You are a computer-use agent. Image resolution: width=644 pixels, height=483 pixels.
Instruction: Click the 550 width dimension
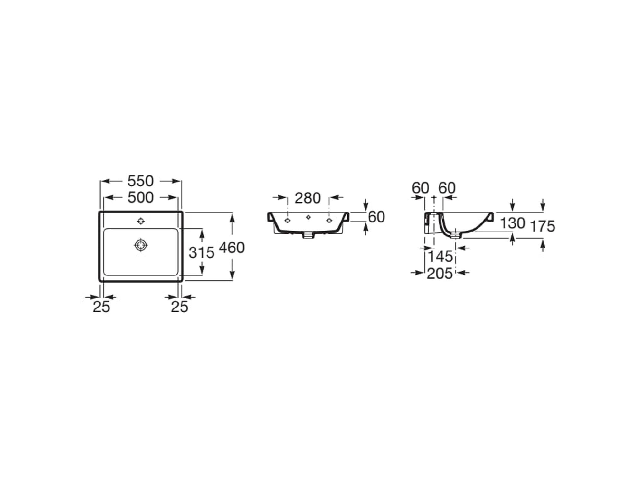[x=140, y=181]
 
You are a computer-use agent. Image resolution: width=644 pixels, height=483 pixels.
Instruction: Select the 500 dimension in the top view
[x=140, y=197]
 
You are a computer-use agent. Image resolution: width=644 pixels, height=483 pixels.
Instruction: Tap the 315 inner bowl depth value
[x=202, y=253]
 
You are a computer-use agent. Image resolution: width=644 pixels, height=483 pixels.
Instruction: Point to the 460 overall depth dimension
[x=232, y=248]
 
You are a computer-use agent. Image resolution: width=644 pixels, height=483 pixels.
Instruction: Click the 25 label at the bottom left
[x=101, y=307]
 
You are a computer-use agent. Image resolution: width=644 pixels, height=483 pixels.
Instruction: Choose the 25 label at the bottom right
[x=179, y=307]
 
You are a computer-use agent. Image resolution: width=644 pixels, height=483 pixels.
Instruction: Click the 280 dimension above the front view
[x=308, y=198]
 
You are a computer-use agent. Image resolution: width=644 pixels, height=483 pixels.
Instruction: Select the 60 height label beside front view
[x=376, y=217]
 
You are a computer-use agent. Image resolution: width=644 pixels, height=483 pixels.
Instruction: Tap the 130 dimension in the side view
[x=513, y=223]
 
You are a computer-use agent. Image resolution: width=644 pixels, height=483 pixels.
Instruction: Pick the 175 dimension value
[x=543, y=226]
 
